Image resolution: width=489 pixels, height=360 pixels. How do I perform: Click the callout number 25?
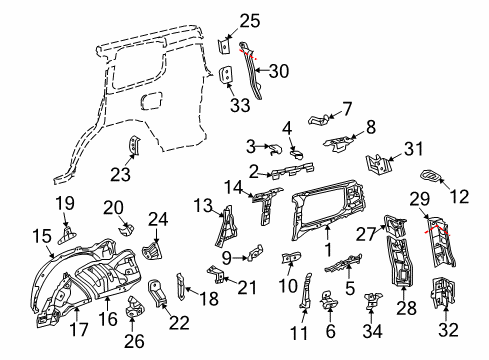click(250, 20)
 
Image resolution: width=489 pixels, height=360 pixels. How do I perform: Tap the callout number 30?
click(280, 70)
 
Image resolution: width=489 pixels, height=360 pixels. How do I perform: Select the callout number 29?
click(419, 201)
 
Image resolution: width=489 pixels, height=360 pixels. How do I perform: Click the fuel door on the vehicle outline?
click(152, 101)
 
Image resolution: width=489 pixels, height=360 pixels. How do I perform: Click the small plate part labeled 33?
click(228, 76)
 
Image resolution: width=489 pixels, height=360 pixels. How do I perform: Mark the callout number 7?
click(347, 107)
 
